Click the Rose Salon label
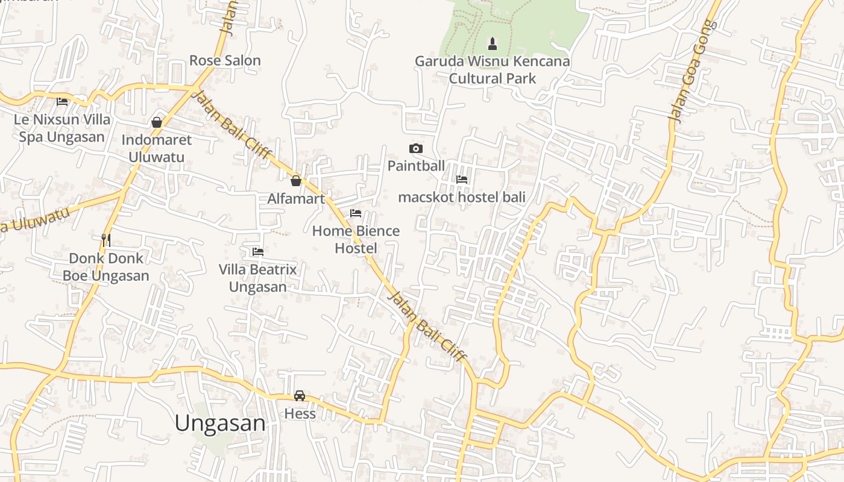tap(225, 60)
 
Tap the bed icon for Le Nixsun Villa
tap(62, 102)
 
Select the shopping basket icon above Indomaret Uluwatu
tap(157, 122)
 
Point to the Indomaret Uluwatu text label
tap(157, 148)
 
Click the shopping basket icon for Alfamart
tap(296, 181)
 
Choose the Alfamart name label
tap(296, 199)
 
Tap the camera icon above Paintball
tap(416, 148)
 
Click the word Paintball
tap(416, 166)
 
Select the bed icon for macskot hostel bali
tap(462, 180)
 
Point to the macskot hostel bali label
tap(462, 197)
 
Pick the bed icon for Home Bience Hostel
tap(356, 213)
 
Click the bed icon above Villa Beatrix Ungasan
tap(258, 251)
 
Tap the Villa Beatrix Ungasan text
tap(258, 278)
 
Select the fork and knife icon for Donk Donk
tap(106, 240)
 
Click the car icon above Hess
tap(300, 396)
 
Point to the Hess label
tap(300, 414)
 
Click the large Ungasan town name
tap(220, 423)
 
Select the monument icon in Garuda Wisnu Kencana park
tap(493, 43)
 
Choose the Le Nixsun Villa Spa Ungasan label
tap(62, 128)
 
